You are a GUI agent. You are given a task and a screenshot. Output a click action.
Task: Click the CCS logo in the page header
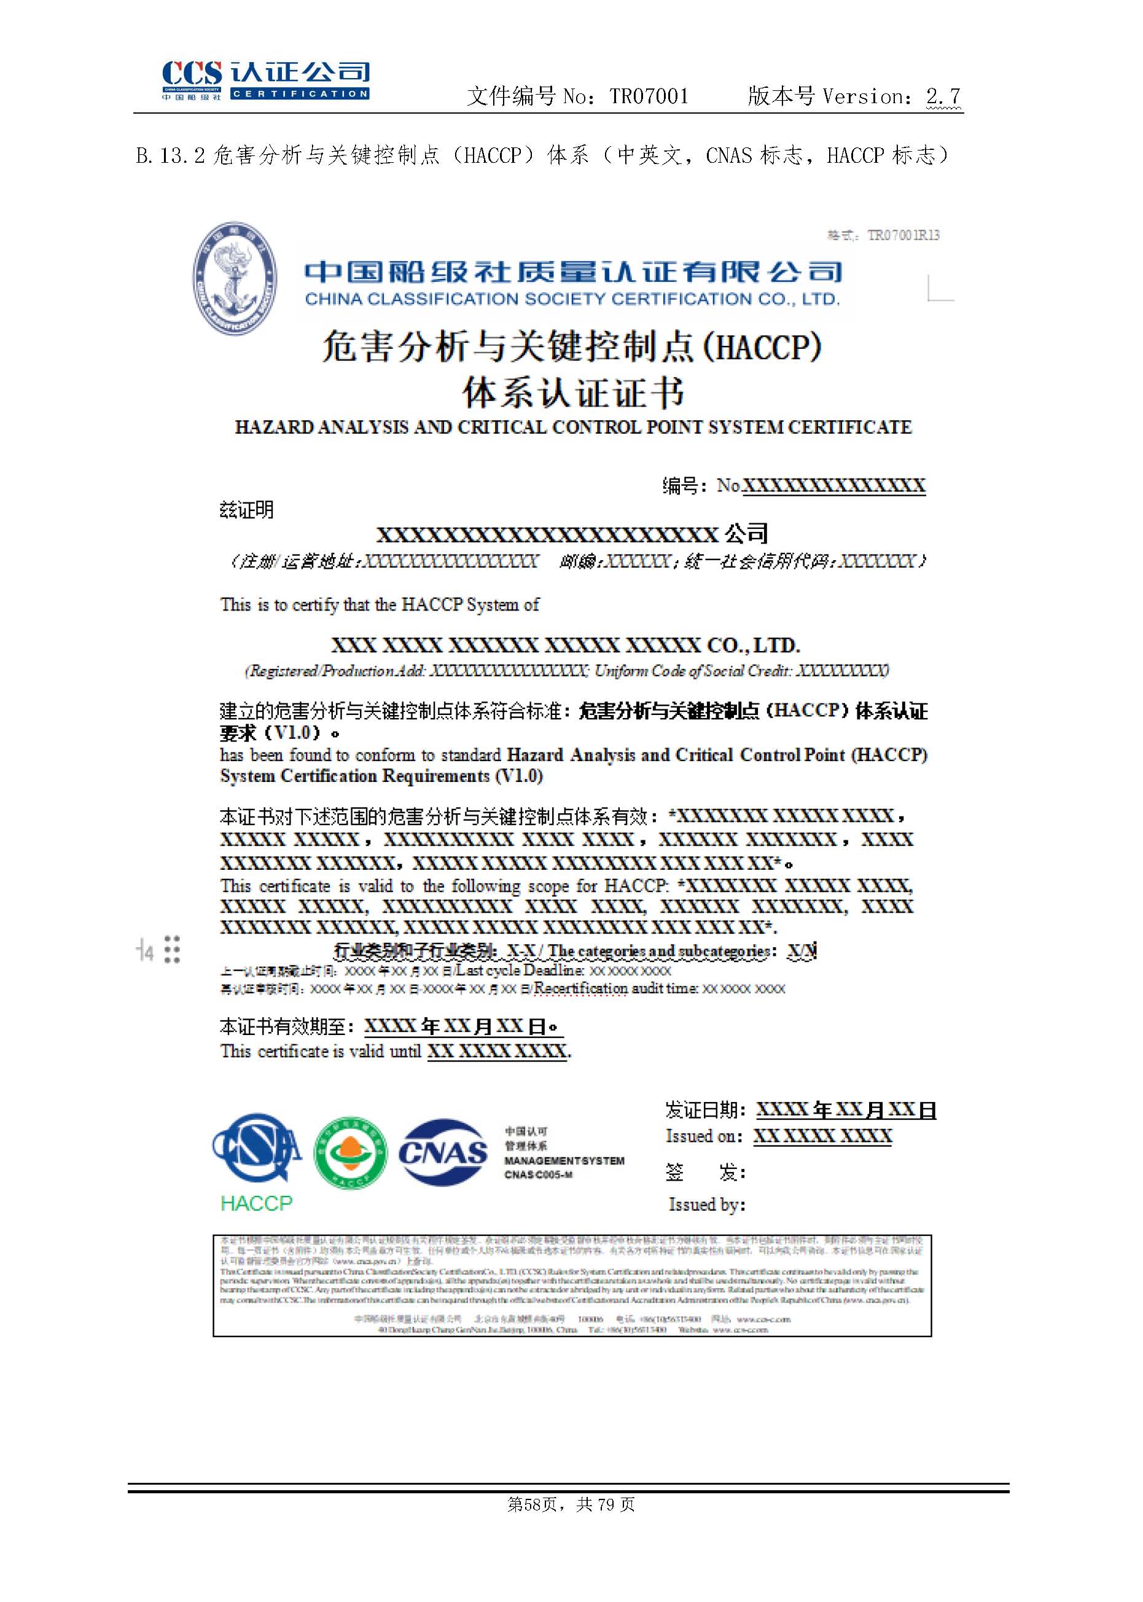pos(265,79)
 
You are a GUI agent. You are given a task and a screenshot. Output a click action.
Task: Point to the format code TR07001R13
pos(903,235)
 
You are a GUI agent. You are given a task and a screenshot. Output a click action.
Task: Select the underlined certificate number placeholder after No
pos(833,485)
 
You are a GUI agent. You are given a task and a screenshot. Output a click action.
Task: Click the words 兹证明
pos(246,510)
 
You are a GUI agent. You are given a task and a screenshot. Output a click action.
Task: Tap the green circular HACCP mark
pos(350,1153)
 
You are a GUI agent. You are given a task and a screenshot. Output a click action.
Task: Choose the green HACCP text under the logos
pos(256,1203)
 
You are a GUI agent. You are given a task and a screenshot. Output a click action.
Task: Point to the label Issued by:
pos(707,1205)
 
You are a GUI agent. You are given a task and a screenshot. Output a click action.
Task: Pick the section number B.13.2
pos(170,155)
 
